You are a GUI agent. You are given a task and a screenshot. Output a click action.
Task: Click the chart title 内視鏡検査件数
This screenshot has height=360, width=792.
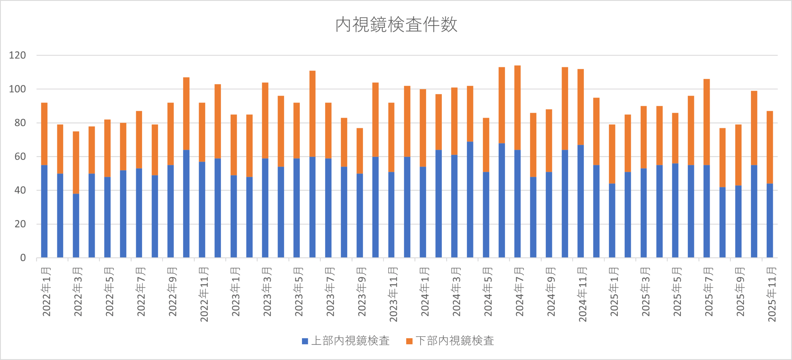point(396,25)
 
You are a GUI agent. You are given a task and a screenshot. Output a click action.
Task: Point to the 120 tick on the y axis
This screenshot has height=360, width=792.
point(17,55)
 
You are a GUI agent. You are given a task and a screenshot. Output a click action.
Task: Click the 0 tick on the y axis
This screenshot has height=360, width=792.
point(23,258)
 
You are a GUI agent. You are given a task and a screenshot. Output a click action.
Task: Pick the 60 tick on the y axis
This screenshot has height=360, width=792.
point(20,157)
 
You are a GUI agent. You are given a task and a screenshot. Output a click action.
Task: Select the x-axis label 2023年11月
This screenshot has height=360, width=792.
point(393,294)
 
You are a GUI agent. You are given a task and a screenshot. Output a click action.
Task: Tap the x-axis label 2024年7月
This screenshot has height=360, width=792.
point(519,292)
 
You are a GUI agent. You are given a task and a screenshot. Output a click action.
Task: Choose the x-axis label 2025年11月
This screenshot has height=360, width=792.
point(772,294)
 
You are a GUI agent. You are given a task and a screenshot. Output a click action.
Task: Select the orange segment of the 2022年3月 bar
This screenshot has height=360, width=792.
point(76,163)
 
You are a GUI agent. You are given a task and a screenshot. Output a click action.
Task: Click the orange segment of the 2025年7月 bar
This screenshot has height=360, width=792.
point(707,122)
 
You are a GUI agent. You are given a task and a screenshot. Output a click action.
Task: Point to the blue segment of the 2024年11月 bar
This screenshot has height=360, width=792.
point(581,201)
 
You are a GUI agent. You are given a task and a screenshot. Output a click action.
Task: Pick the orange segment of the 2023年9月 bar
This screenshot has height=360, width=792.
point(360,151)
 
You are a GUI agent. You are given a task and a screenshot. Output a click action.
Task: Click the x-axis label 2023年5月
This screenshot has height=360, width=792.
point(299,292)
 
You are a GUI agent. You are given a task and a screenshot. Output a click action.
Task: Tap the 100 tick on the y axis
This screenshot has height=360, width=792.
point(17,89)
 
